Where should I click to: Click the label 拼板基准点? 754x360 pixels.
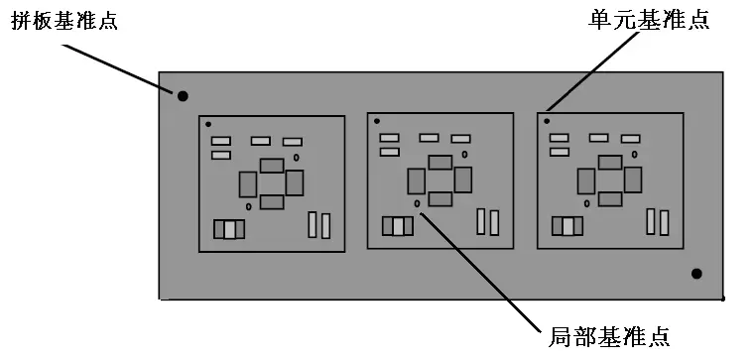coord(63,22)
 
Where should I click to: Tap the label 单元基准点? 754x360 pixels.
coord(649,21)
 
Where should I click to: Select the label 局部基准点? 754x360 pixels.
coord(609,337)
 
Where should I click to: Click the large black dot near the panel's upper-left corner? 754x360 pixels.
coord(183,96)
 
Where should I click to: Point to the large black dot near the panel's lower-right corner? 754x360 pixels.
coord(696,274)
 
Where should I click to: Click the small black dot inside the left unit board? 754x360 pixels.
coord(208,124)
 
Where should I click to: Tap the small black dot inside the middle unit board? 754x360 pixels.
coord(377,121)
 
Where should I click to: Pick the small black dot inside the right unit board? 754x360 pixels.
coord(547,121)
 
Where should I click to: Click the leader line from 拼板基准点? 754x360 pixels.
coord(118,67)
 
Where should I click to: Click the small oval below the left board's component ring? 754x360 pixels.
coord(249,206)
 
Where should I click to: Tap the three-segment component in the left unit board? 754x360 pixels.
coord(229,229)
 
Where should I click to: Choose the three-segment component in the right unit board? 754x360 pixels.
coord(567,226)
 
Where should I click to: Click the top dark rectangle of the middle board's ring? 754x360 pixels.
coord(440,162)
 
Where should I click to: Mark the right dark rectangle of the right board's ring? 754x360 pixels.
coord(633,180)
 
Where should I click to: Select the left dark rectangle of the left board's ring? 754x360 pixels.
coord(248,184)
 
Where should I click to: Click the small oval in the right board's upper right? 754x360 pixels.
coord(635,155)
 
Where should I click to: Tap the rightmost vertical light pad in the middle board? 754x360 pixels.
coord(494,222)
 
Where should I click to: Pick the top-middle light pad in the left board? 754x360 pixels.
coord(261,141)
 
